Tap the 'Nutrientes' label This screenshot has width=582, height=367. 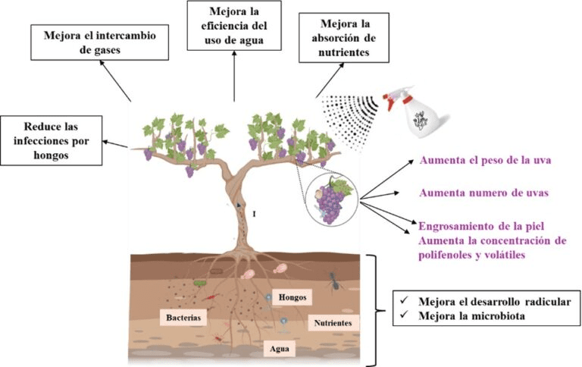click(x=333, y=323)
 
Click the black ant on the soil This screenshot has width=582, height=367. click(x=332, y=283)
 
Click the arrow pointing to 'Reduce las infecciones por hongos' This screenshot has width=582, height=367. click(x=115, y=142)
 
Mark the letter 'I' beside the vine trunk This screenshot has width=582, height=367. click(x=254, y=215)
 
